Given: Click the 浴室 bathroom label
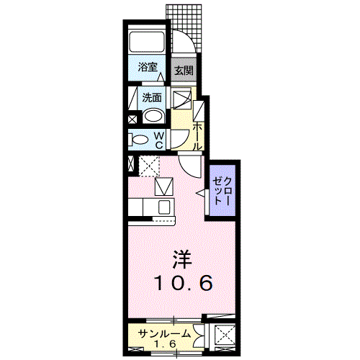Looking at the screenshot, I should click(148, 67).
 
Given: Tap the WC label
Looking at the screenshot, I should click(160, 140).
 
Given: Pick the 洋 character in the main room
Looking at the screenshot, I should click(181, 257).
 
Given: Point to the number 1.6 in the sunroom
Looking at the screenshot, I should click(165, 344).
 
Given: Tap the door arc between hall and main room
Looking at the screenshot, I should click(191, 171).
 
